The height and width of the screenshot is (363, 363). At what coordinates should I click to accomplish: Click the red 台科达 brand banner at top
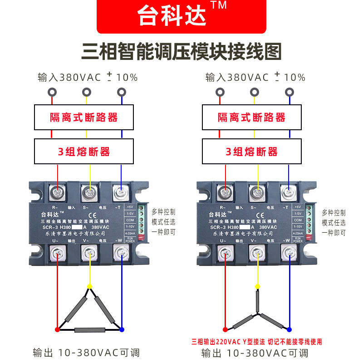[181, 16]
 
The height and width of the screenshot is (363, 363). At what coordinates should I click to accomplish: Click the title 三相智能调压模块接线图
[181, 51]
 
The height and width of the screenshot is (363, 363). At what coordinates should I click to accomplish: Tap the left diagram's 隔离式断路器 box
[84, 118]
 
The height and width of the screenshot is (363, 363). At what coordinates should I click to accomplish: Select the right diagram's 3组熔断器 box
[252, 152]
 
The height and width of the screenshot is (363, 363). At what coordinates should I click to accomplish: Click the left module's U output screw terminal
[58, 252]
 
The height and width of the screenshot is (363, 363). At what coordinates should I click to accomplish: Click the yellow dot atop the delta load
[90, 286]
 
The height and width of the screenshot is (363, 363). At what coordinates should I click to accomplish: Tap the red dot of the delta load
[57, 329]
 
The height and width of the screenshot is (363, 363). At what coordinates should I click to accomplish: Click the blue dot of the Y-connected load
[289, 329]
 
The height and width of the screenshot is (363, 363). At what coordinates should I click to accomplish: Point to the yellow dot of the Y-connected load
[258, 286]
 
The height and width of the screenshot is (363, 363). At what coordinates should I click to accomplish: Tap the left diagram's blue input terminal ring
[121, 93]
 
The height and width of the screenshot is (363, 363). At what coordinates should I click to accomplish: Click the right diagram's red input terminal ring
[220, 93]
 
